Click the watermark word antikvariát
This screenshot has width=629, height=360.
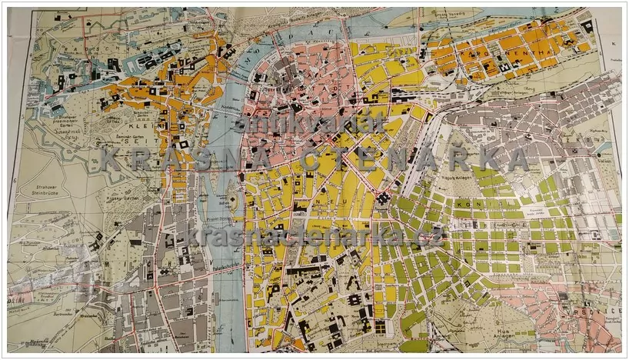click(311, 122)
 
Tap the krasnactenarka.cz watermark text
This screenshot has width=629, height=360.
click(315, 235)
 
